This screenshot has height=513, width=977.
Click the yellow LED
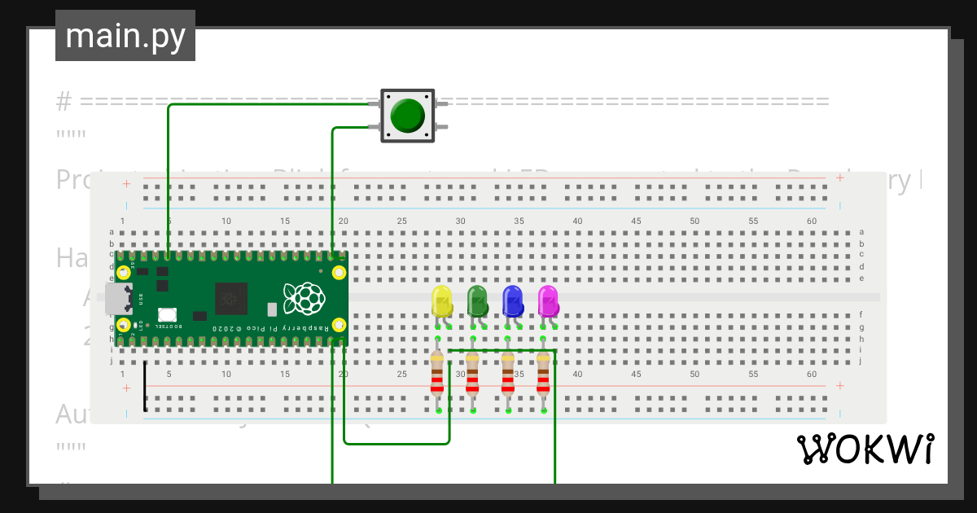(x=441, y=300)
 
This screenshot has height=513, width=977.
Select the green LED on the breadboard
(x=477, y=300)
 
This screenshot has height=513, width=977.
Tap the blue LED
(x=512, y=300)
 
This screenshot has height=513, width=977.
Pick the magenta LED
(x=548, y=300)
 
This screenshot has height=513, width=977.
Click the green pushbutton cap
(x=407, y=115)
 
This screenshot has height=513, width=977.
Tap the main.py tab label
(x=125, y=36)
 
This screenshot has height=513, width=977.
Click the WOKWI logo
(x=864, y=449)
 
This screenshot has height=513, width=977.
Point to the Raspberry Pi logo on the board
(x=302, y=299)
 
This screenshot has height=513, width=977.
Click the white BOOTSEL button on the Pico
(x=168, y=314)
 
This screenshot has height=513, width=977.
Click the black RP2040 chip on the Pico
(x=230, y=298)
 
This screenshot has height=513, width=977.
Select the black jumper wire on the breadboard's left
(x=145, y=386)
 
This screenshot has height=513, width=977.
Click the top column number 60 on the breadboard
(x=811, y=221)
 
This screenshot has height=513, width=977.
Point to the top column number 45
(x=636, y=221)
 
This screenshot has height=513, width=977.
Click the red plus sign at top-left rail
(x=126, y=184)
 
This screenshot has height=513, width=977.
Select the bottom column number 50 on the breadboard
(x=694, y=375)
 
